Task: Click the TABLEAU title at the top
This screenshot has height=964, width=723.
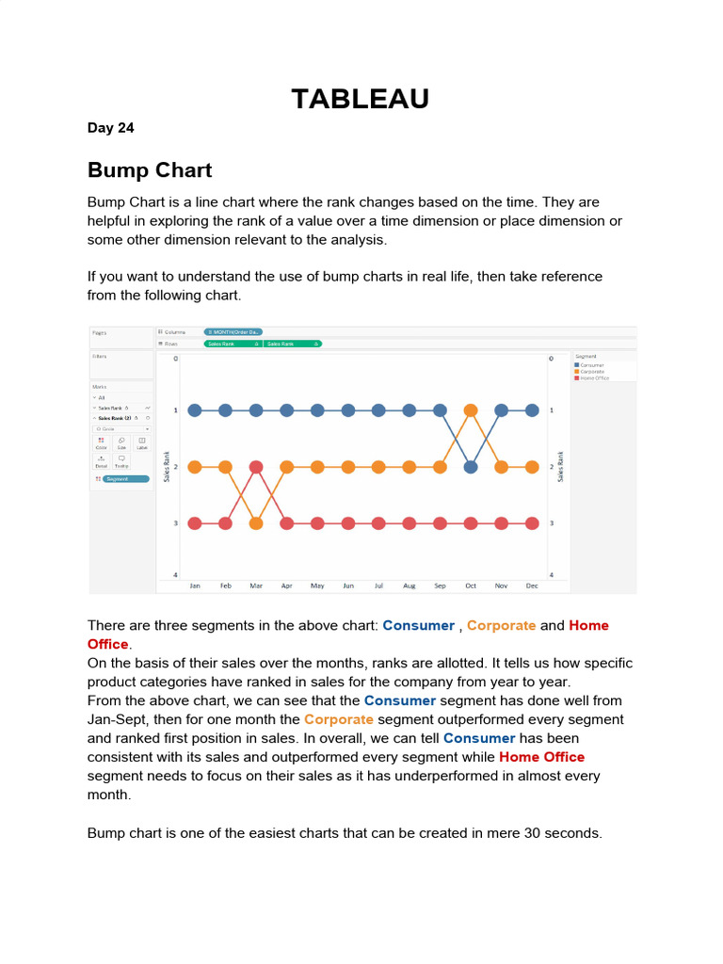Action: (x=361, y=99)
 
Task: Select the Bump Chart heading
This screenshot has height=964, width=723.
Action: (x=150, y=170)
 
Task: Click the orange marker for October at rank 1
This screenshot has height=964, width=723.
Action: (x=471, y=410)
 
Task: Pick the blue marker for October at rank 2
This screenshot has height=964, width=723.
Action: (x=471, y=466)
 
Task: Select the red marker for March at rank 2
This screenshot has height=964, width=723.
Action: (x=256, y=466)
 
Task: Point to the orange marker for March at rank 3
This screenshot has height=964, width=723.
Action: (x=256, y=522)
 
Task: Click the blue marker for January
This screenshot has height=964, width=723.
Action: (x=195, y=410)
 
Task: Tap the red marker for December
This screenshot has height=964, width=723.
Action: (x=532, y=522)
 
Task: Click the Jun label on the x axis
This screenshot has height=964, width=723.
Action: (x=348, y=586)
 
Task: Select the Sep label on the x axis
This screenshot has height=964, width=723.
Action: (x=440, y=586)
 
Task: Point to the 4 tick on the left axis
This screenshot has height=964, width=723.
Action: (x=175, y=575)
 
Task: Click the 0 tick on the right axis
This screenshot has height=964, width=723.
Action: (x=552, y=359)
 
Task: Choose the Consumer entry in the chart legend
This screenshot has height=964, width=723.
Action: (x=593, y=365)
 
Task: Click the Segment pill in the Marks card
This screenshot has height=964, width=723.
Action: (x=125, y=479)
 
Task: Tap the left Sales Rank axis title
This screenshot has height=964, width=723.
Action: (x=168, y=466)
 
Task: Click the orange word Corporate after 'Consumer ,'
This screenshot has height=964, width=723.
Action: (x=501, y=626)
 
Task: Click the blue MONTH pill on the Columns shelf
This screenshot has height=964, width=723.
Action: (x=233, y=332)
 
